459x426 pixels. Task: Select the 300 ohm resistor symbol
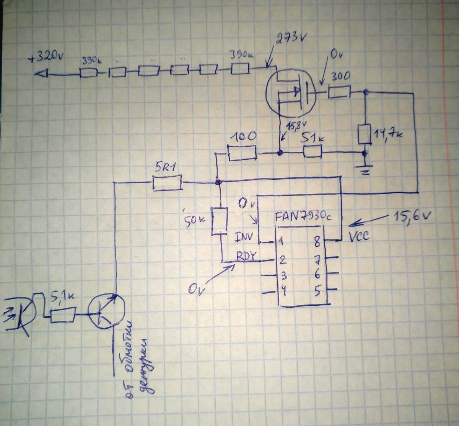(339, 92)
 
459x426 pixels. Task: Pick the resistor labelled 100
(242, 152)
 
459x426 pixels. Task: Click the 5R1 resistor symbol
(167, 182)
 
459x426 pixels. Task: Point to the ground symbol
(365, 170)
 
